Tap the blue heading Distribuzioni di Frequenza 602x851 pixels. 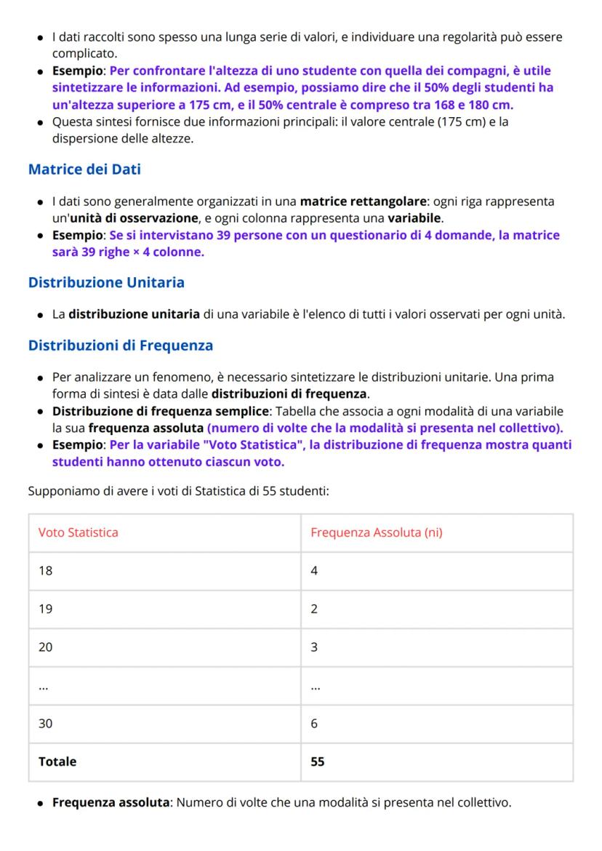click(x=121, y=345)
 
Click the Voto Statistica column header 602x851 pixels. click(x=78, y=532)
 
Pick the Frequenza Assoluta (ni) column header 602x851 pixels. click(x=377, y=532)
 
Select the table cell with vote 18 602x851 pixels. click(x=45, y=571)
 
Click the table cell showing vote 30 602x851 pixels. click(x=45, y=724)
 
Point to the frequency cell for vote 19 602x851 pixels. click(x=314, y=609)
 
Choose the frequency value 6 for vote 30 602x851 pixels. click(x=314, y=724)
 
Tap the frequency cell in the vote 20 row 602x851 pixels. click(x=314, y=647)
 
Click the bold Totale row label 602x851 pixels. click(x=57, y=762)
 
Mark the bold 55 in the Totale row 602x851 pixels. click(x=318, y=762)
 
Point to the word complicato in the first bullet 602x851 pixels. click(x=84, y=53)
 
